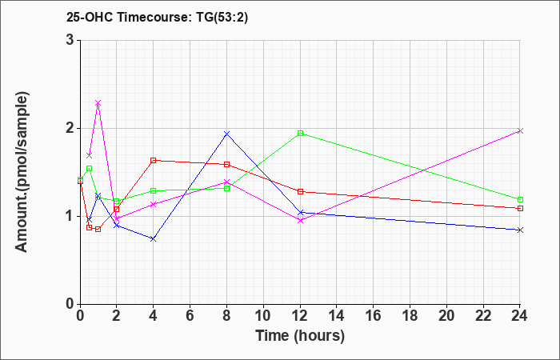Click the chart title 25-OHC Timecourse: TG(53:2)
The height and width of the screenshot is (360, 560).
coord(157,18)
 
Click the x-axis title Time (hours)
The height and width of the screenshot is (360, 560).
coord(300,336)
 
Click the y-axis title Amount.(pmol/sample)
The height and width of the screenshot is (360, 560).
coord(22,172)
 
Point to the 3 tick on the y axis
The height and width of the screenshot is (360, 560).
coord(72,40)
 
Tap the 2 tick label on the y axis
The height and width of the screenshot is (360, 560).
coord(72,128)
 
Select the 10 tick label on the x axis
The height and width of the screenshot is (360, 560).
coord(263,315)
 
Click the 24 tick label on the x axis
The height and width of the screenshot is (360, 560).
coord(520,315)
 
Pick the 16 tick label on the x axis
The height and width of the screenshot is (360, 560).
coord(373,315)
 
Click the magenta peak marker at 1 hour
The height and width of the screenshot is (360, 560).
coord(98,103)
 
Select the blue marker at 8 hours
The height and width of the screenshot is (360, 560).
coord(226,134)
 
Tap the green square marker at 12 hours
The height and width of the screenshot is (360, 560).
coord(300,134)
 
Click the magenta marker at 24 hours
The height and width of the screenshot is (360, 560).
coord(520,130)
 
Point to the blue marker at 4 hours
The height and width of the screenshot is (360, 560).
coord(154,238)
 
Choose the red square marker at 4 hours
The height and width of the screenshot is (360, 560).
coord(154,160)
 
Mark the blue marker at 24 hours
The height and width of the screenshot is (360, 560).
coord(520,230)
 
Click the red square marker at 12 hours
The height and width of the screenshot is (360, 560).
coord(300,191)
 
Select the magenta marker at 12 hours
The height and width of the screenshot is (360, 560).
coord(300,220)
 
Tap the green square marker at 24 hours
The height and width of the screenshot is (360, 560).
coord(520,199)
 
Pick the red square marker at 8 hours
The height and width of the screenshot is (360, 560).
coord(226,164)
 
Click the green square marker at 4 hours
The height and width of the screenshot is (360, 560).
coord(154,190)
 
